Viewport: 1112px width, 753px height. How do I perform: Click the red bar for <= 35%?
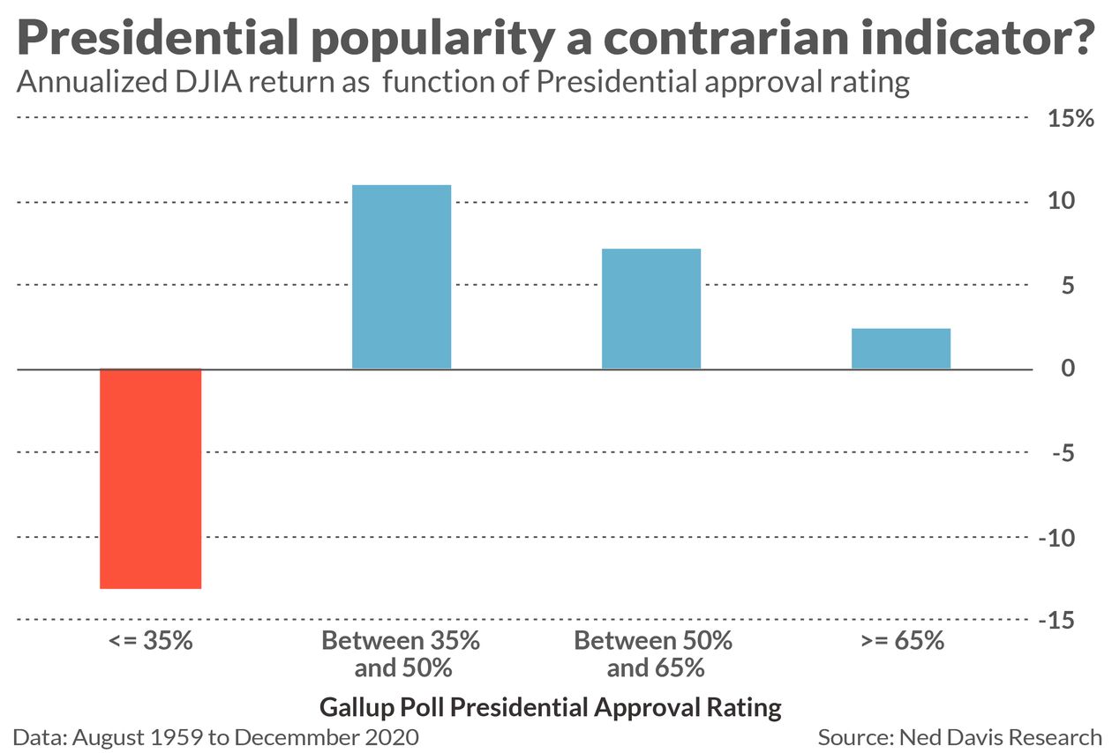(151, 478)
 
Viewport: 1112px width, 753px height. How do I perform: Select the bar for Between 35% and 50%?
(402, 277)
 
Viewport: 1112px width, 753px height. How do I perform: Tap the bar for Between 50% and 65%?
(651, 309)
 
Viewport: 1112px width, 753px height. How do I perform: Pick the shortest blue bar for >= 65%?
(901, 348)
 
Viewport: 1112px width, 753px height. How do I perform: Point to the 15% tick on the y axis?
(1071, 118)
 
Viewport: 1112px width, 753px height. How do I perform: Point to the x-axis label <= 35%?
(151, 640)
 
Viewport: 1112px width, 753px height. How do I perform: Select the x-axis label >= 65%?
(901, 640)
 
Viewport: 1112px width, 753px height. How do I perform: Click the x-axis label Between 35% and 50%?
(402, 653)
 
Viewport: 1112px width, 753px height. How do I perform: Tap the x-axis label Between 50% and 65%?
(654, 653)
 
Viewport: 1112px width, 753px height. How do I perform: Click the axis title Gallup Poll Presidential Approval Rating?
(551, 707)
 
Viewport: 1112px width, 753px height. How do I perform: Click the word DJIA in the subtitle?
(205, 82)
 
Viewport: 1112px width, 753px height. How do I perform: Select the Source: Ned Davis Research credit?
(959, 736)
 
